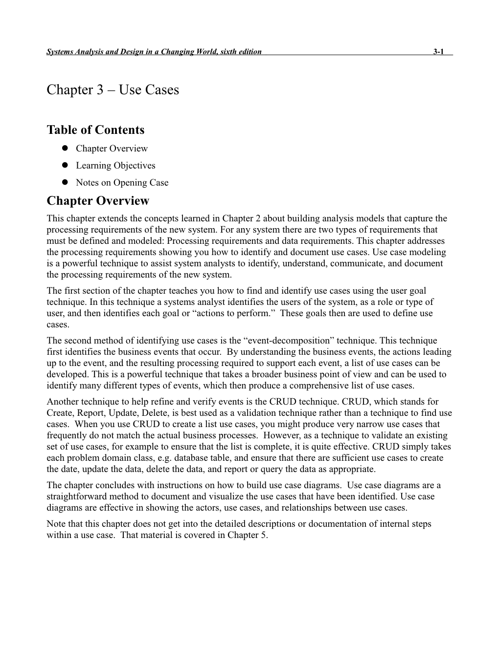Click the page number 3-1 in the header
(x=438, y=52)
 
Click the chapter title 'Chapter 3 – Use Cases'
(x=113, y=90)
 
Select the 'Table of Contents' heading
(x=95, y=130)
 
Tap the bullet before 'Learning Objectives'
(x=65, y=166)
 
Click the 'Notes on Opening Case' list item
(x=122, y=183)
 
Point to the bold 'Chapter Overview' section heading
(x=98, y=201)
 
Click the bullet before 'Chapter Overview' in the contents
(x=65, y=149)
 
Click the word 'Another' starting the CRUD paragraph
(x=62, y=402)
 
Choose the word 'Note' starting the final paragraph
(x=56, y=524)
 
